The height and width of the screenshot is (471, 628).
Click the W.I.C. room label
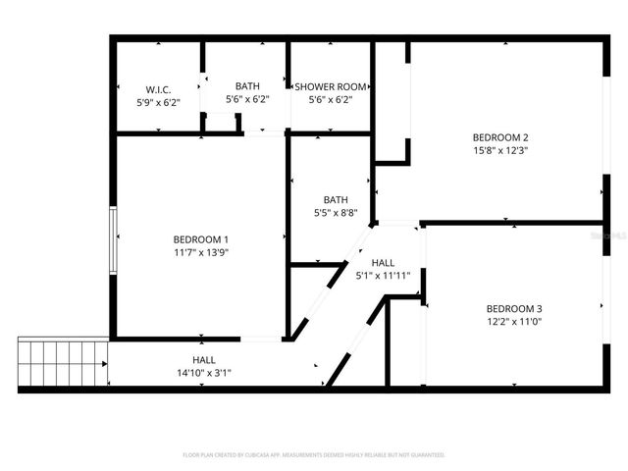(159, 88)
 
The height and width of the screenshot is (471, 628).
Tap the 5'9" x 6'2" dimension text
(159, 101)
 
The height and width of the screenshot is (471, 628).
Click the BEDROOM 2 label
(500, 137)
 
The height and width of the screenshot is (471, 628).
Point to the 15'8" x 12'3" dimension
(500, 151)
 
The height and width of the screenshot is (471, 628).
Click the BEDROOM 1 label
(201, 239)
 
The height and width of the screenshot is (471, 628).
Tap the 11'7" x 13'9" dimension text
(201, 252)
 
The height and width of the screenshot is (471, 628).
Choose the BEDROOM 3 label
(514, 308)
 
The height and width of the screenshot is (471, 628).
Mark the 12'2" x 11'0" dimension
(514, 321)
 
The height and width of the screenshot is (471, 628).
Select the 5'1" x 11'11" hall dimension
(383, 276)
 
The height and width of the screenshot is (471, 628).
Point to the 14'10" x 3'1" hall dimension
(204, 373)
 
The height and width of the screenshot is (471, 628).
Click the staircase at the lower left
(63, 363)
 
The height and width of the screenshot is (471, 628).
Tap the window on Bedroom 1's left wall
(114, 239)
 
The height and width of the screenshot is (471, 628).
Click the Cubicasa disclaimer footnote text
(314, 455)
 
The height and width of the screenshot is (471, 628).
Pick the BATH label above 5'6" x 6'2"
(247, 86)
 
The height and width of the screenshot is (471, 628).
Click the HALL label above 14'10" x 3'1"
(204, 360)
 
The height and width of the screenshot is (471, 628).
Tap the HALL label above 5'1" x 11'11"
(383, 263)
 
